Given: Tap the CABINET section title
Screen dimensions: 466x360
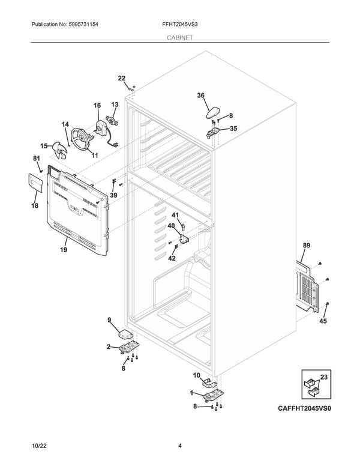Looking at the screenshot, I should coord(179,37).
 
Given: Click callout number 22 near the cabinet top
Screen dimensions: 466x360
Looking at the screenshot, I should coord(122,79).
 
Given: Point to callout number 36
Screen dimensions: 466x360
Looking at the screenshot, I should coord(201,95).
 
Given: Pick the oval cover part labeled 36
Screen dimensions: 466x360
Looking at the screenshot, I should coord(213,110).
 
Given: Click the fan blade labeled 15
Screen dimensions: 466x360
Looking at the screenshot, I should coord(59,150).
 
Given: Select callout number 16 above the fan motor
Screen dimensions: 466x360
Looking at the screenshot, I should coord(97,106).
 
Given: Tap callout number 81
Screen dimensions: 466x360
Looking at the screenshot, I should coord(35,158).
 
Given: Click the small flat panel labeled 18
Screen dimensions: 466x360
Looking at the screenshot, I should coord(34,183).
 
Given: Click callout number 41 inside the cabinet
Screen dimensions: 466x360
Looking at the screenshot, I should coord(175,215).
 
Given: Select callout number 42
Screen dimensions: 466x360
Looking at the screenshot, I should coord(172,258).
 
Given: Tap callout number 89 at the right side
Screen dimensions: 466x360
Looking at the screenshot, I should coord(307,246).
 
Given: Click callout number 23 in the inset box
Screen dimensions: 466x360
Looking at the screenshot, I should coord(325,378).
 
